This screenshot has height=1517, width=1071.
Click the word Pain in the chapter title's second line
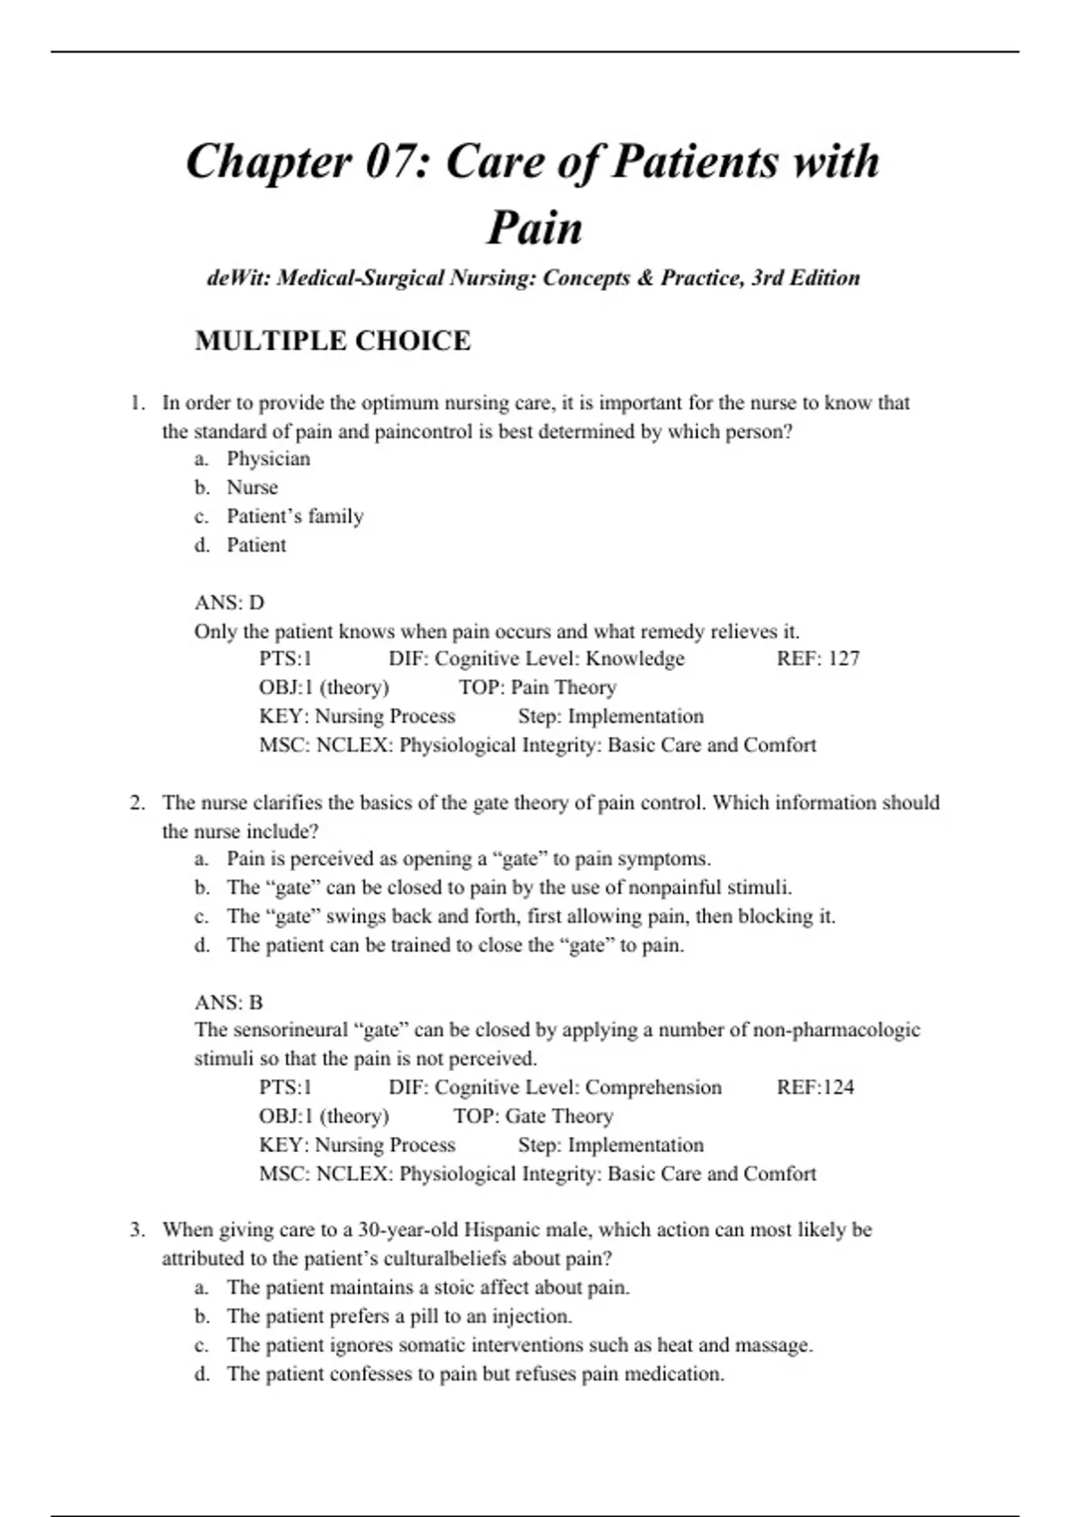point(534,228)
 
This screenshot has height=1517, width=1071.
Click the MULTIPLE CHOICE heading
point(332,341)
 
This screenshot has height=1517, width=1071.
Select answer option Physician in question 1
point(268,459)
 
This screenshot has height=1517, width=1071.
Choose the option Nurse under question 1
point(252,487)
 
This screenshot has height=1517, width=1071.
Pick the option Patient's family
point(295,516)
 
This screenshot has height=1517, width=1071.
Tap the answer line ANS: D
point(229,602)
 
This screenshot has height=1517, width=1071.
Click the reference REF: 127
point(818,659)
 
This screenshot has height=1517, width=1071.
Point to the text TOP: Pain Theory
point(537,687)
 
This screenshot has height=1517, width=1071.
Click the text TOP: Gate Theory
point(533,1116)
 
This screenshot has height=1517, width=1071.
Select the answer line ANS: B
point(228,1002)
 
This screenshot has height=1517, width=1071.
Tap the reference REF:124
point(815,1087)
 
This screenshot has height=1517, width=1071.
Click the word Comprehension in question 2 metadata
point(653,1087)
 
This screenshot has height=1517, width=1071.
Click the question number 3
point(137,1230)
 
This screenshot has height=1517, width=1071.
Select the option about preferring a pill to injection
point(399,1316)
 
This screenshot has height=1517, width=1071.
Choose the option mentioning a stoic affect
point(428,1288)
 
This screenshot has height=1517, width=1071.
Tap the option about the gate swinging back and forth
point(530,916)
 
